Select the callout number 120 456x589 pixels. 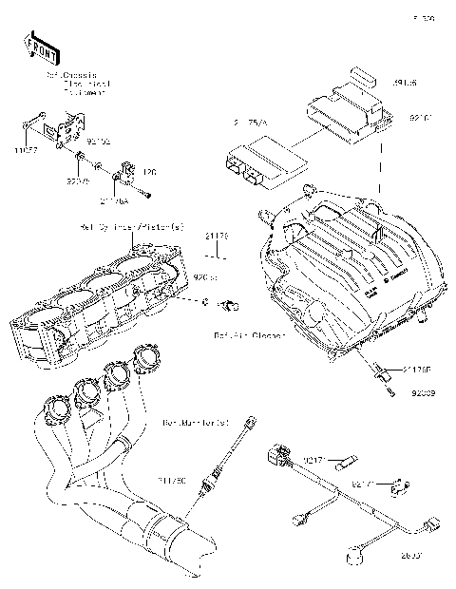click(x=149, y=172)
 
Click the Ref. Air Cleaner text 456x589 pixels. click(x=250, y=335)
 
